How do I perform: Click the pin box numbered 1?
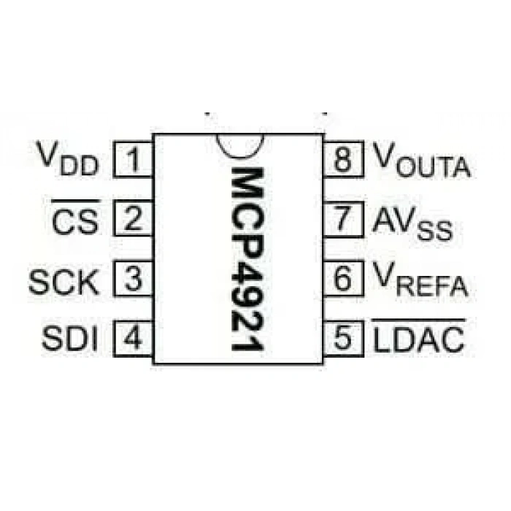pos(133,159)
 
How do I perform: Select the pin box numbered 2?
pos(133,218)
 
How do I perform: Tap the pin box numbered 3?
pos(133,279)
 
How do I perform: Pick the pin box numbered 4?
pos(133,339)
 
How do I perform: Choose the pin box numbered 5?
pos(343,339)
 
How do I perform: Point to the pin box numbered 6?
pos(343,279)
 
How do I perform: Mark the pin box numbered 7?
pos(343,219)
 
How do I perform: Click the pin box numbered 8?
pos(343,159)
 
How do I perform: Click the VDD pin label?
pos(67,158)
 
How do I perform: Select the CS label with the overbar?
pos(76,218)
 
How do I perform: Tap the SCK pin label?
pos(64,283)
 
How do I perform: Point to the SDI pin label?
pos(70,339)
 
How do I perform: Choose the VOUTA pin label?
pos(422,160)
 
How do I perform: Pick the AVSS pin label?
pos(412,223)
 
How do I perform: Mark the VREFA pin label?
pos(420,280)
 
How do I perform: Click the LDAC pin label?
pos(419,336)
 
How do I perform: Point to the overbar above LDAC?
pos(419,320)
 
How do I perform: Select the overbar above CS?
pos(76,201)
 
